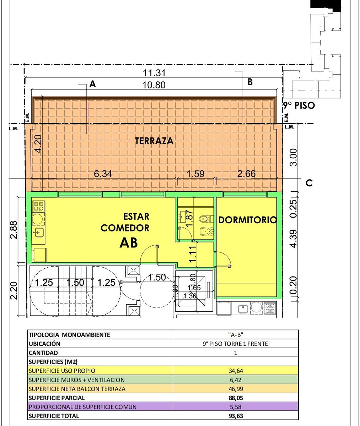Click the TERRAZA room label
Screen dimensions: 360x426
[154, 141]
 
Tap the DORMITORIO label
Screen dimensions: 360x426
[248, 220]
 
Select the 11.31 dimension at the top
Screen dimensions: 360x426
[154, 73]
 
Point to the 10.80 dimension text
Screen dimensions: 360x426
[154, 85]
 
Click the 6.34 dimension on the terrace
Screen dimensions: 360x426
[103, 174]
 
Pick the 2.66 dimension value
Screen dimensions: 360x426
[246, 174]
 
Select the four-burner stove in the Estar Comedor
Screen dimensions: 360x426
[39, 206]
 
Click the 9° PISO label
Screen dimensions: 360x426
[299, 105]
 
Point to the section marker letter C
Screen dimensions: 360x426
[309, 183]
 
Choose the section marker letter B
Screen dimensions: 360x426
[250, 82]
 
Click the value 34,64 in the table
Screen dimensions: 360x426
[236, 371]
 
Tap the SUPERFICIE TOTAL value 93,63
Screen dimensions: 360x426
[236, 416]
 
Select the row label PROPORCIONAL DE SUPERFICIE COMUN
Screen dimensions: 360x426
[82, 407]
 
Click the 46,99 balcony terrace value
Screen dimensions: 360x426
[236, 389]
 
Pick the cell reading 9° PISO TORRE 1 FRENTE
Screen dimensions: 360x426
[235, 344]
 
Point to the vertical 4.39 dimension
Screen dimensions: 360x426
[294, 239]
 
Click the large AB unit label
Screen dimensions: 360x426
[129, 243]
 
